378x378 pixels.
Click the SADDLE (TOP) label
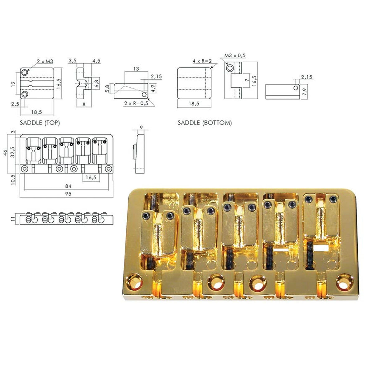tap(40, 123)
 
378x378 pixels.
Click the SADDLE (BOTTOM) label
tap(205, 123)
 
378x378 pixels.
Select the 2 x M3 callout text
tap(45, 61)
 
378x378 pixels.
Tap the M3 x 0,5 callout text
tap(235, 55)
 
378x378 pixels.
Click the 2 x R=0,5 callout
tap(136, 103)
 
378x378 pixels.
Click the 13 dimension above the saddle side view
tap(136, 69)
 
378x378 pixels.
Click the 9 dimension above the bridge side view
tap(141, 127)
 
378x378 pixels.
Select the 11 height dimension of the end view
tap(12, 219)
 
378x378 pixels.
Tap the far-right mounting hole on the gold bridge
tap(343, 281)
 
